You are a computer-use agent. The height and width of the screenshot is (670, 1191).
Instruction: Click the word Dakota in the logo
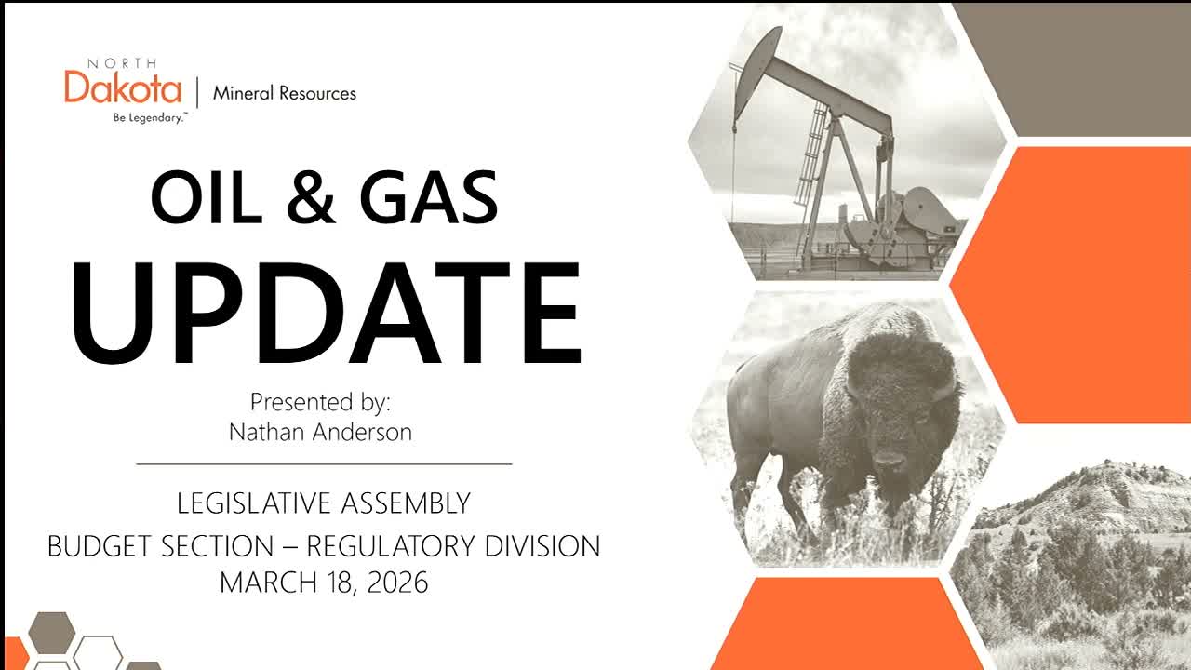coord(123,87)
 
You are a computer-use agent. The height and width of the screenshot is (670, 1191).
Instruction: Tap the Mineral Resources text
coord(285,94)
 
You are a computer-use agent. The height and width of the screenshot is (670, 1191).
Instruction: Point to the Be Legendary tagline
coord(150,117)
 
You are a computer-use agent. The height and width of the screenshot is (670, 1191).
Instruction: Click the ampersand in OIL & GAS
coord(311,197)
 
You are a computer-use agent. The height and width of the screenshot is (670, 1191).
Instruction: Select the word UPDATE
coord(326,313)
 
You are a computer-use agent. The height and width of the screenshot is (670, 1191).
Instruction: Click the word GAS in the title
coord(429,197)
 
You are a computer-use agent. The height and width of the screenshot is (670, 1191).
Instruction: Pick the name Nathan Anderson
coord(321,432)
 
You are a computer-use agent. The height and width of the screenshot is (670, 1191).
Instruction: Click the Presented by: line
coord(321,403)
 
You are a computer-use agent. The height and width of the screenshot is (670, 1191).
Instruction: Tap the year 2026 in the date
coord(397,583)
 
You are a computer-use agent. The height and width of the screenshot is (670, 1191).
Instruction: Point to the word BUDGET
coord(100,546)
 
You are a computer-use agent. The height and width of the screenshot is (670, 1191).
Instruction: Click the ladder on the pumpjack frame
coord(810,154)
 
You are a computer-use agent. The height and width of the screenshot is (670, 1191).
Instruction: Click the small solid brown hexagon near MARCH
coord(51,633)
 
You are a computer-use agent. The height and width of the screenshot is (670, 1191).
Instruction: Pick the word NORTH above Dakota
coord(122,64)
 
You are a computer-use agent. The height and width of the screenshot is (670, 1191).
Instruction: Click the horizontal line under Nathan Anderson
coord(325,464)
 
